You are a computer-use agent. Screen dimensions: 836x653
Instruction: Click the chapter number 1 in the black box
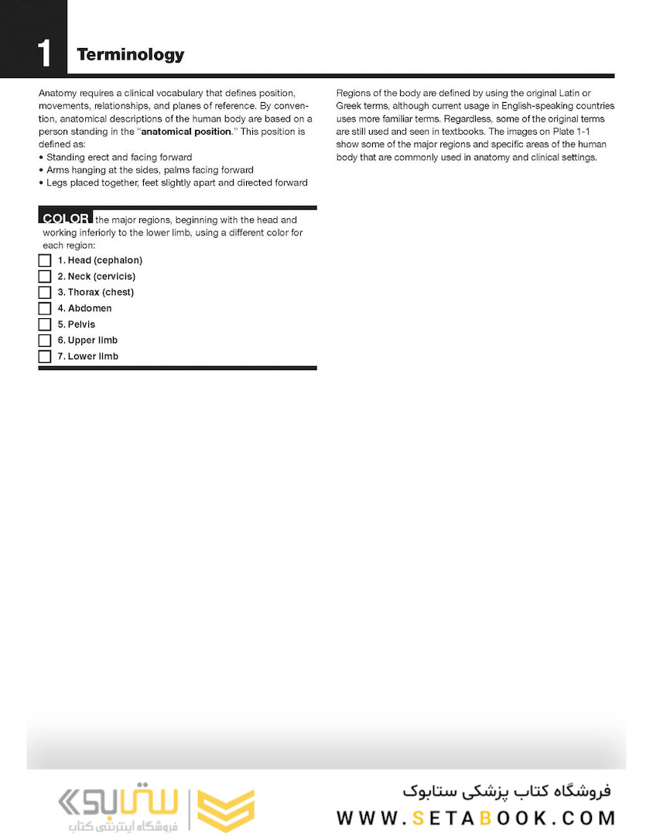coord(45,53)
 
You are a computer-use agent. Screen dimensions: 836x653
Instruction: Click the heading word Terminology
coord(130,54)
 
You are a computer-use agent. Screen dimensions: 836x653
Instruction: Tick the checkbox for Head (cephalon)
coord(45,261)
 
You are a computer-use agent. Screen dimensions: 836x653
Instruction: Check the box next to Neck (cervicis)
coord(45,276)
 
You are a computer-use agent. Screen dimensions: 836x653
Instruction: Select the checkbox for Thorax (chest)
coord(45,293)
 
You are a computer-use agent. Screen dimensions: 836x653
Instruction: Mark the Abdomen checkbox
coord(45,309)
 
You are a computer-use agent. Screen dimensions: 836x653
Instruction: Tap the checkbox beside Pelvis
coord(45,324)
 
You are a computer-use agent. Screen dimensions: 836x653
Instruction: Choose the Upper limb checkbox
coord(45,341)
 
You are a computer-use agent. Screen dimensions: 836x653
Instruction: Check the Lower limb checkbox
coord(45,357)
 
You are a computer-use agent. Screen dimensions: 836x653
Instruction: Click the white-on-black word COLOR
coord(67,219)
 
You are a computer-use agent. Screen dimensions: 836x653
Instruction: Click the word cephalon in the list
coord(118,261)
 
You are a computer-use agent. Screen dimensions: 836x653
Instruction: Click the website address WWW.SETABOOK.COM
coord(476,817)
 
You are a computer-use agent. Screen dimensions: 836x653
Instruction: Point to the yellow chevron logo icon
coord(226,810)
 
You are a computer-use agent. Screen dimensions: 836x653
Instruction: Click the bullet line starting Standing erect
coord(119,157)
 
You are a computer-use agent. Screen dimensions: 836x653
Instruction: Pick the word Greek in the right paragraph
coord(349,106)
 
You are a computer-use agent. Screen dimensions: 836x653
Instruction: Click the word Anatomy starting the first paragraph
coord(57,93)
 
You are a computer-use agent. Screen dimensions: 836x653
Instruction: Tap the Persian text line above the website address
coord(507,790)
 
